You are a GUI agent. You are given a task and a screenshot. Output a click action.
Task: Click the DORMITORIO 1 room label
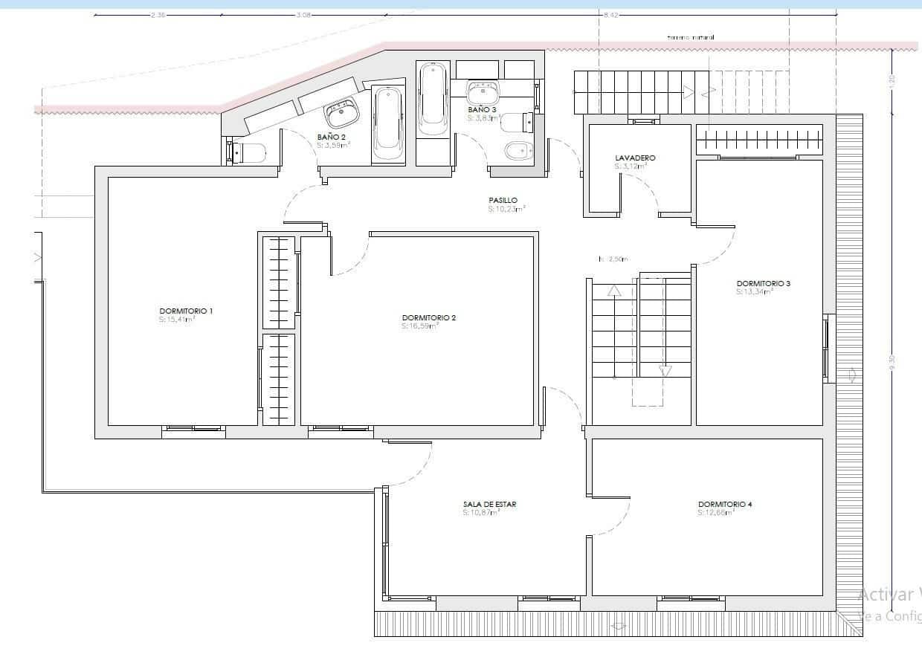coord(186,311)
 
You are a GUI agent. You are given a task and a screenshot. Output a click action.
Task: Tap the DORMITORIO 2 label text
coord(428,317)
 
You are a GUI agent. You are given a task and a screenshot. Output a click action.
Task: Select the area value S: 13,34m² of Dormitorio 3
coord(755,292)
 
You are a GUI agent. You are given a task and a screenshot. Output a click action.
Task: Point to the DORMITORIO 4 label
coord(725,504)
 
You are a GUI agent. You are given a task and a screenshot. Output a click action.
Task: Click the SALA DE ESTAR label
coord(489,504)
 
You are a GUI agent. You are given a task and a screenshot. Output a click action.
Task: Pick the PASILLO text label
coord(503,201)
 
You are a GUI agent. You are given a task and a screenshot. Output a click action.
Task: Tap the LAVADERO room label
coord(635,158)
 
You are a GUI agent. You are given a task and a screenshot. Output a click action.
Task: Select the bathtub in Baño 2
coord(388,124)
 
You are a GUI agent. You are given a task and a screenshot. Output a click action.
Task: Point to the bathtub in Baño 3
coord(431,99)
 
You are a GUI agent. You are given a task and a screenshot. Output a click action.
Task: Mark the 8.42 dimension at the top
coord(611,14)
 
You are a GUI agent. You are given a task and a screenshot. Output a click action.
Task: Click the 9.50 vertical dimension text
coord(892,362)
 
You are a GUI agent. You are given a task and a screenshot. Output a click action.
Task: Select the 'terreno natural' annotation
coord(691,37)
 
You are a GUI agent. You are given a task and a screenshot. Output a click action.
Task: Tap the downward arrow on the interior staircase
coord(665,370)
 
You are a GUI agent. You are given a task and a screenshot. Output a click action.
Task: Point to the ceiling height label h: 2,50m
coord(613,259)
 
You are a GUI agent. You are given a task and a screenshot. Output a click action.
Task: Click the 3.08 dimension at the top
coord(303,14)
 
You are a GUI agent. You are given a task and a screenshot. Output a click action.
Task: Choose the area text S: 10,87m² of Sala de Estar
coord(481,512)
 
